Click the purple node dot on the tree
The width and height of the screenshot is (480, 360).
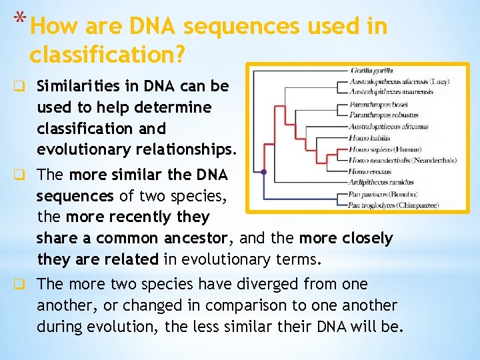point(264,172)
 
